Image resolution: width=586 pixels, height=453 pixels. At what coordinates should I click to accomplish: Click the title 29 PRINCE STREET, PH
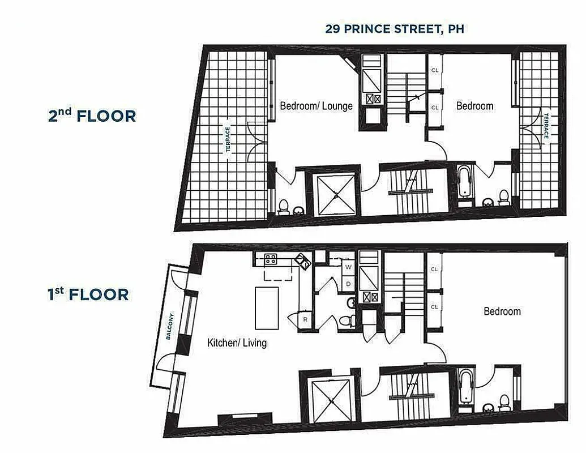tap(394, 28)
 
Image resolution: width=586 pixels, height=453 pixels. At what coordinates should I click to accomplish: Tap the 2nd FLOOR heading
tap(92, 116)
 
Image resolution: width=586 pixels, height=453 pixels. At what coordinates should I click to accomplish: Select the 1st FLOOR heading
tap(88, 294)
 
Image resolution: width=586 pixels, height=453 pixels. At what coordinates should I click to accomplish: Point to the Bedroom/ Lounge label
tap(316, 106)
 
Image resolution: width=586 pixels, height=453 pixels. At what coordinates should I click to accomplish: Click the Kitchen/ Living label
tap(237, 343)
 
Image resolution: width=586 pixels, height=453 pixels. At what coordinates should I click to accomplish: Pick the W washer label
tap(348, 266)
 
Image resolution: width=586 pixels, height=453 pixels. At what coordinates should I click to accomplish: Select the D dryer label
tap(348, 283)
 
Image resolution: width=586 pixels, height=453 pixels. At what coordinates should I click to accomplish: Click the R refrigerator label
tap(305, 319)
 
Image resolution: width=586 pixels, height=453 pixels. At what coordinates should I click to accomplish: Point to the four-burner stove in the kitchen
tap(270, 259)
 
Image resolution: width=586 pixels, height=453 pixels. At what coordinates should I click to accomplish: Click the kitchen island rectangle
tap(267, 307)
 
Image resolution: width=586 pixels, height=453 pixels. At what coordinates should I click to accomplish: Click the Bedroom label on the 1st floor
tap(502, 311)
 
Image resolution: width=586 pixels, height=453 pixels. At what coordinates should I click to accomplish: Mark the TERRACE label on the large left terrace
tap(228, 139)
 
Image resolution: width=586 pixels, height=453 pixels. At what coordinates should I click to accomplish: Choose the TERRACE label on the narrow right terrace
tap(546, 125)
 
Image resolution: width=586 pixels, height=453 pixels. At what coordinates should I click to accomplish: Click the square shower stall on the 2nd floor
tap(333, 195)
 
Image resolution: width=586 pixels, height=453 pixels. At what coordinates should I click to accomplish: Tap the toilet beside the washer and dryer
tap(347, 320)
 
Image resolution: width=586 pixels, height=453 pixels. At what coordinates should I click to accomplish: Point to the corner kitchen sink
tap(301, 262)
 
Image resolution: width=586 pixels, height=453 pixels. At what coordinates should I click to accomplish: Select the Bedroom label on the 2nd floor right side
tap(474, 106)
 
